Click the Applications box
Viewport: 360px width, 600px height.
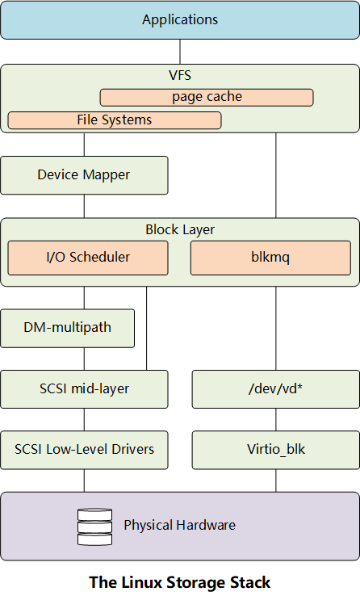pos(180,20)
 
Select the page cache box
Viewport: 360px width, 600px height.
pos(207,97)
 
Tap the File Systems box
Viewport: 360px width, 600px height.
pos(115,120)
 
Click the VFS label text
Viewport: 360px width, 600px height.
pos(180,75)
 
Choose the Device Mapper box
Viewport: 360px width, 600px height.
pos(84,175)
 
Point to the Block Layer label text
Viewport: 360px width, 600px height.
pos(180,229)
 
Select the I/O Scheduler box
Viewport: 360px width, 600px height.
pos(88,258)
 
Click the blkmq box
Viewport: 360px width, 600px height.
pos(270,258)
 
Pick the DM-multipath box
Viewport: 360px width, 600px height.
pos(67,328)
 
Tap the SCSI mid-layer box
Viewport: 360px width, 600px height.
pos(84,388)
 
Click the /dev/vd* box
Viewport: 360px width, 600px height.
pos(276,388)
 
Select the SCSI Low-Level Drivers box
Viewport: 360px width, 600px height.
pos(84,450)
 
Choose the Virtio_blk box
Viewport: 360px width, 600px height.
pos(276,450)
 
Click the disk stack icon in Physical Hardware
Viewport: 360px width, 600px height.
pos(95,527)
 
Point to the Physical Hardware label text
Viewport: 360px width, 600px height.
pos(179,526)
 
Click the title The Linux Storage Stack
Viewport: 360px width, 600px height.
pos(180,582)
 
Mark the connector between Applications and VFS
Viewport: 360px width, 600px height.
pos(180,52)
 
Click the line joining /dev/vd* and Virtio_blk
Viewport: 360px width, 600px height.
pos(276,419)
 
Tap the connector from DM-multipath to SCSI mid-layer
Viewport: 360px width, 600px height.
pos(84,359)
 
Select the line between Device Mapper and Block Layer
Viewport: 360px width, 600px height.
pos(84,206)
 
